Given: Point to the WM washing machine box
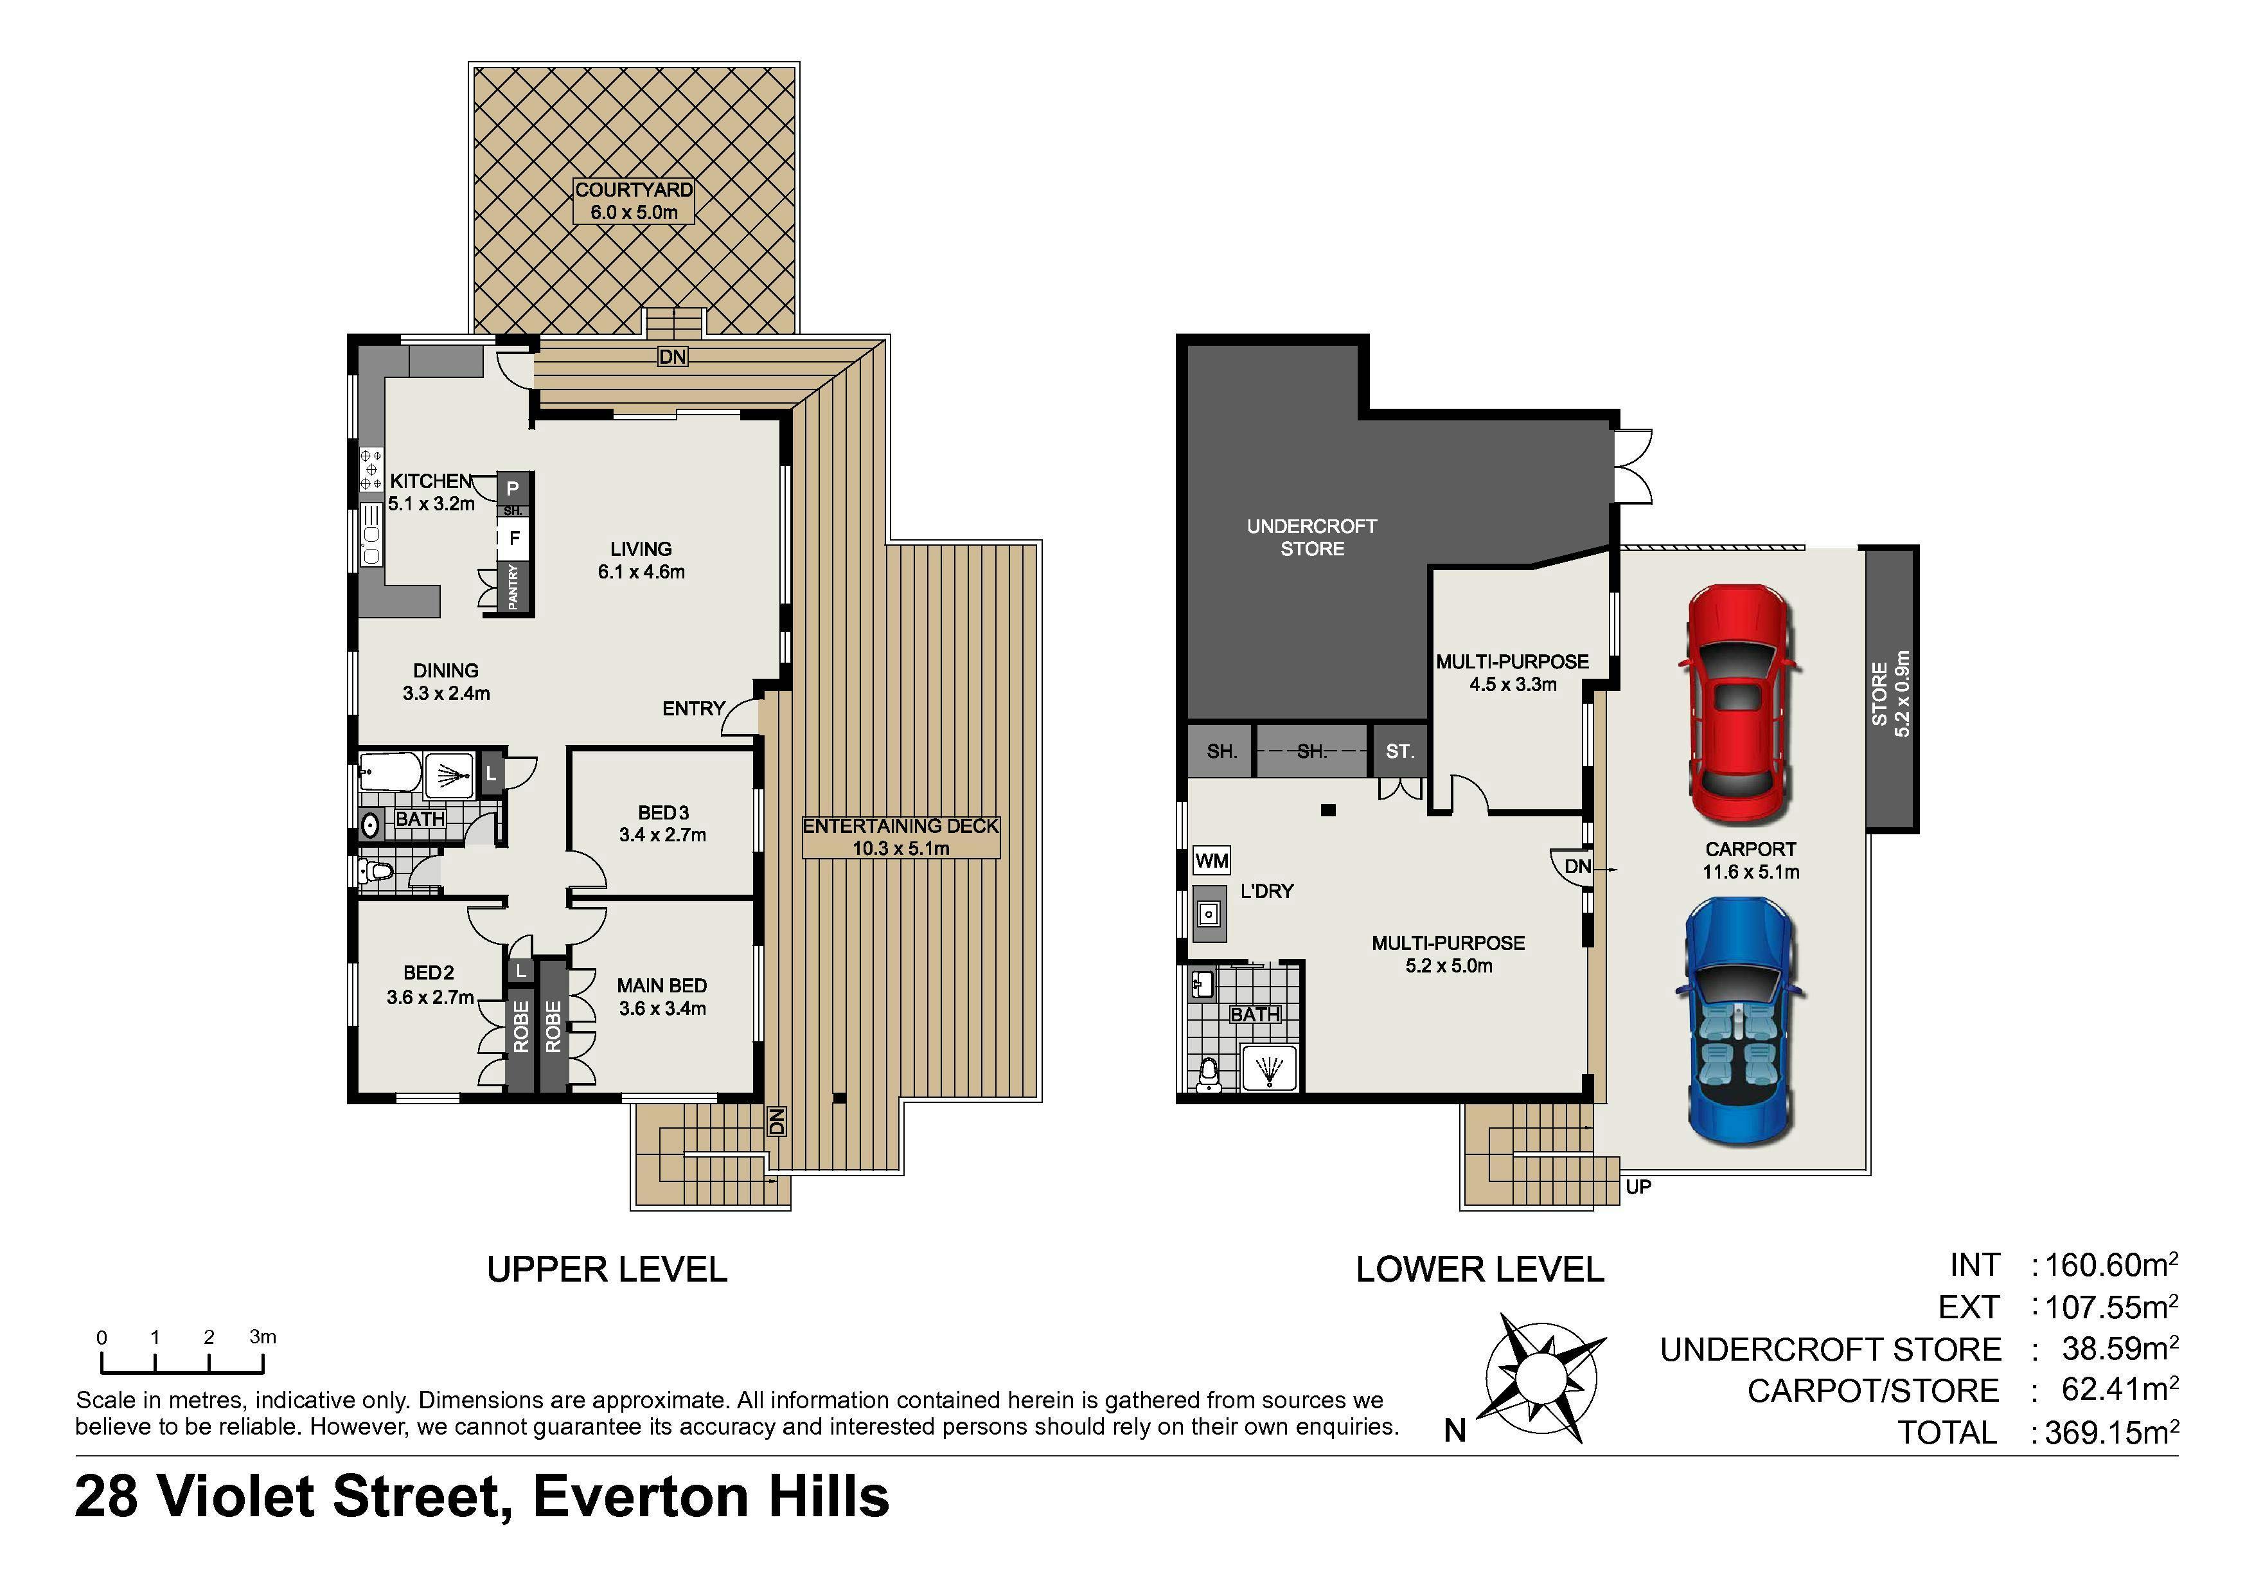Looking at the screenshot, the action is tap(1211, 861).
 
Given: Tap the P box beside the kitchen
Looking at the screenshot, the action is tap(513, 488).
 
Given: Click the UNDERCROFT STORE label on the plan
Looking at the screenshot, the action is tap(1311, 537).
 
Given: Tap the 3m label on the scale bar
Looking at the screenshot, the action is tap(262, 1337).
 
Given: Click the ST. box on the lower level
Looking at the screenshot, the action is tap(1400, 751).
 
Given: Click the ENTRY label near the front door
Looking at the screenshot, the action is tap(693, 708).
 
